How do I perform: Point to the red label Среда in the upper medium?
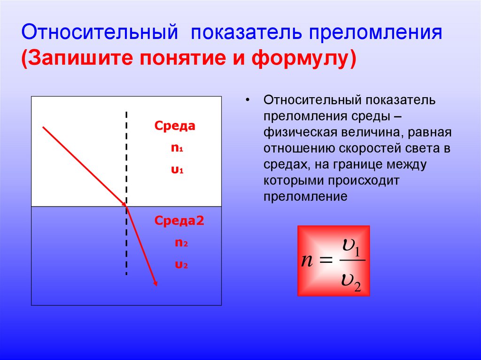(x=175, y=126)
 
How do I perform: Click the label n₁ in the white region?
(x=177, y=148)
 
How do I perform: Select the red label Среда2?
(x=179, y=221)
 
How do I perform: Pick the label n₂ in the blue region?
(x=181, y=243)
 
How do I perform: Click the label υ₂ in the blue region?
(x=181, y=265)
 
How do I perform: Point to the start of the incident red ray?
(x=43, y=127)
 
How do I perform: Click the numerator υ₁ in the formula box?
(x=350, y=246)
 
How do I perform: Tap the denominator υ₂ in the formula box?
(x=350, y=283)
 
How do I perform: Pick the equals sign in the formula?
(x=326, y=261)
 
